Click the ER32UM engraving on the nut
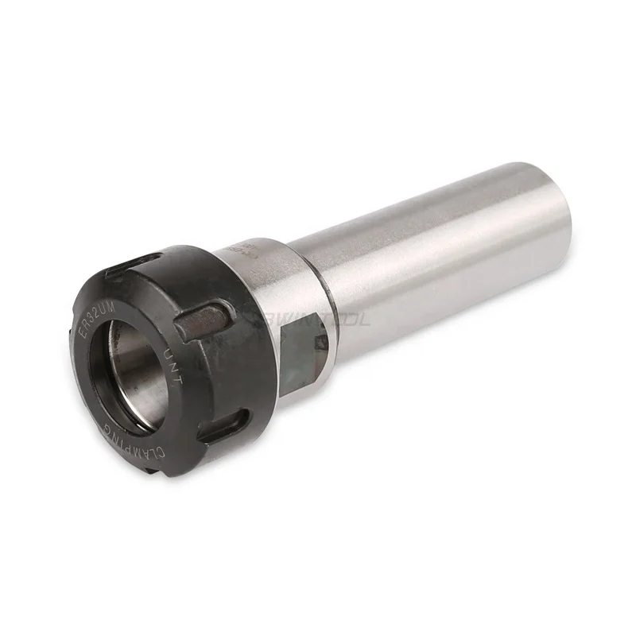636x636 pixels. (93, 312)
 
